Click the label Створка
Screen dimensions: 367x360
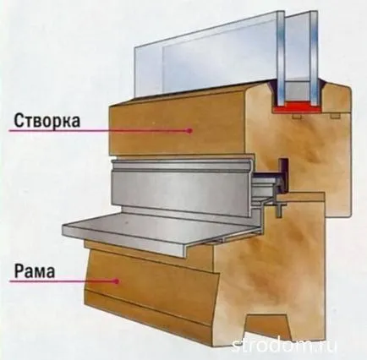47,121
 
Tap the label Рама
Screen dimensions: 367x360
35,271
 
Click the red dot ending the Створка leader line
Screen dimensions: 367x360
189,130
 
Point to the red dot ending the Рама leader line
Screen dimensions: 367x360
116,281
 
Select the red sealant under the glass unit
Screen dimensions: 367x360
297,107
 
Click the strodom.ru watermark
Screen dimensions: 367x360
284,345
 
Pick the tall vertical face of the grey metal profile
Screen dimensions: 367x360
179,188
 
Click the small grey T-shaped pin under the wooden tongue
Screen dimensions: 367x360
279,210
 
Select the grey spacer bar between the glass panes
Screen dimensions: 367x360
297,90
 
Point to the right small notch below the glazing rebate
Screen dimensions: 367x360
335,116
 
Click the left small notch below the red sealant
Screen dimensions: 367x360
297,116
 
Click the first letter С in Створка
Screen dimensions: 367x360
19,121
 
